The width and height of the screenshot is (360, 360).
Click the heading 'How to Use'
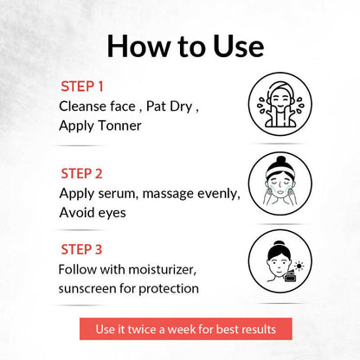pos(185,46)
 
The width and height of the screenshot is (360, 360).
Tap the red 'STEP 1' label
pos(82,87)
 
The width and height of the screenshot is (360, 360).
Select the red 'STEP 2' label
pos(81,174)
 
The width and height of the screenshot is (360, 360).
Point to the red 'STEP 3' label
pos(81,249)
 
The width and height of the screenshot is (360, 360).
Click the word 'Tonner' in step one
pos(119,125)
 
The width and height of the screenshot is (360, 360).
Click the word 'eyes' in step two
pos(112,214)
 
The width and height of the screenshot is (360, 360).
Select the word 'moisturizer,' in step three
pos(163,270)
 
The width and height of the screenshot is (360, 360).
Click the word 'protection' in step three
pos(169,289)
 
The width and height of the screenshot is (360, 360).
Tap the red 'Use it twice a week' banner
pos(186,329)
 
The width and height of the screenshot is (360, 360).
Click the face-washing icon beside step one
pos(280,104)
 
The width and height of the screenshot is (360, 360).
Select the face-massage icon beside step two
pos(280,183)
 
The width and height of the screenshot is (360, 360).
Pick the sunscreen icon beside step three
pos(280,261)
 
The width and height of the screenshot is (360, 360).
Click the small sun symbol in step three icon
pos(299,266)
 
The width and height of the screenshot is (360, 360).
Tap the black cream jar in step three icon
pos(290,276)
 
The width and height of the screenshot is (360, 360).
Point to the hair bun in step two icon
pos(280,160)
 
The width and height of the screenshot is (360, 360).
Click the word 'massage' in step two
pos(164,194)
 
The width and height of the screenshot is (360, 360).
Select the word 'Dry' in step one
pos(181,106)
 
